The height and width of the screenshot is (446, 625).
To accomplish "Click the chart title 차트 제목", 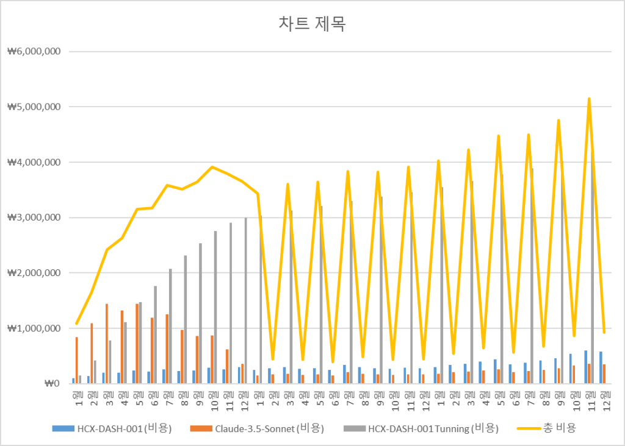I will click(x=311, y=24).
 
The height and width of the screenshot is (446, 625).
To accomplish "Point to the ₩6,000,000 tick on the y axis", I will click(x=33, y=51).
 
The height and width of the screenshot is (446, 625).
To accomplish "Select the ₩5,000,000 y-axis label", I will click(x=33, y=107).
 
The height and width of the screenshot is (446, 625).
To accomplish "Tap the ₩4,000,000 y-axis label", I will click(x=33, y=162).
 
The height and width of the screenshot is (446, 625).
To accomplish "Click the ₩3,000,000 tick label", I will click(x=33, y=218).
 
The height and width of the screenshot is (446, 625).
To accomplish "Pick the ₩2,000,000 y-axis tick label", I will click(x=33, y=273).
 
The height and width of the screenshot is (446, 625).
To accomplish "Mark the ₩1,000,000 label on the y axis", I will click(x=33, y=328).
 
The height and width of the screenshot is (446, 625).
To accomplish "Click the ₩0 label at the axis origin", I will click(x=51, y=384).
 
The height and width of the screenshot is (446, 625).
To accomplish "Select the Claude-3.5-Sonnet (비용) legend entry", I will click(x=265, y=428).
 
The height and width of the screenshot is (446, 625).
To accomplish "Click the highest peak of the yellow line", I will click(x=589, y=98).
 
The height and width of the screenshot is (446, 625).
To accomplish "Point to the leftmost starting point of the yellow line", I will click(x=77, y=324).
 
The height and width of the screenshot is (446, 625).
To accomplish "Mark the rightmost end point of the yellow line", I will click(x=604, y=332).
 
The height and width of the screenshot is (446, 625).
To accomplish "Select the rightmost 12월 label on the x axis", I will click(x=604, y=397).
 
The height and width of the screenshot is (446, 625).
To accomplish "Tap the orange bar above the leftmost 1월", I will click(x=77, y=360).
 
